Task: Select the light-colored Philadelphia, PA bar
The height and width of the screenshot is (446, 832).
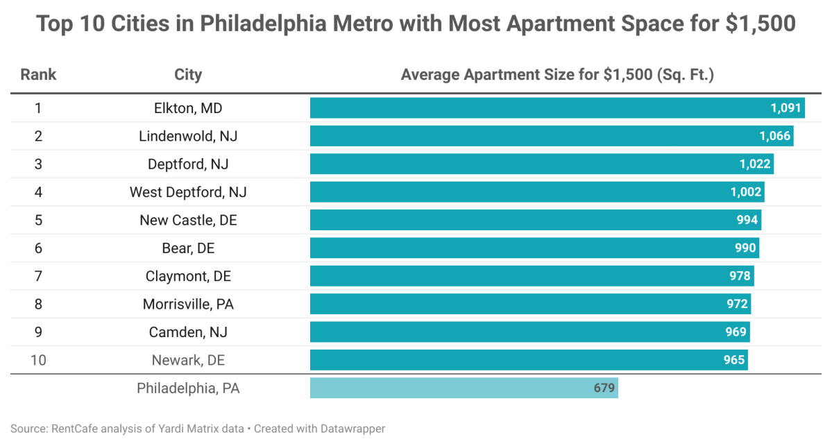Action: point(464,388)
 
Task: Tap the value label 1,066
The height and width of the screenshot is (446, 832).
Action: point(775,136)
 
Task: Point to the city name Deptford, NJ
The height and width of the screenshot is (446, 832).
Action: point(188,164)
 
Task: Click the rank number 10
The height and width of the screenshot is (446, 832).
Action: point(38,360)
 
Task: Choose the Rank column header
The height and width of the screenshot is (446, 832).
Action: point(38,74)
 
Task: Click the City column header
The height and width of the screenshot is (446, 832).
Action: point(188,74)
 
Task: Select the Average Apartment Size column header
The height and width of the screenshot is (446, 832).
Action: point(557,74)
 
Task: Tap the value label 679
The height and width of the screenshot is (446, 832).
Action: point(604,388)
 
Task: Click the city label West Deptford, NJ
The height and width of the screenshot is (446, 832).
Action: point(188,192)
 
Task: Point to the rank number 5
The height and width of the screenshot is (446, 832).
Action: point(38,220)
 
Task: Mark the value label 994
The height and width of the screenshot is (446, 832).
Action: point(747,220)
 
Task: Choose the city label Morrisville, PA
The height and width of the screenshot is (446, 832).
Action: point(188,304)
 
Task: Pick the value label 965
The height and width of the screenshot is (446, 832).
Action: point(733,360)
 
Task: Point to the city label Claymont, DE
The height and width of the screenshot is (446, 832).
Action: point(188,276)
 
